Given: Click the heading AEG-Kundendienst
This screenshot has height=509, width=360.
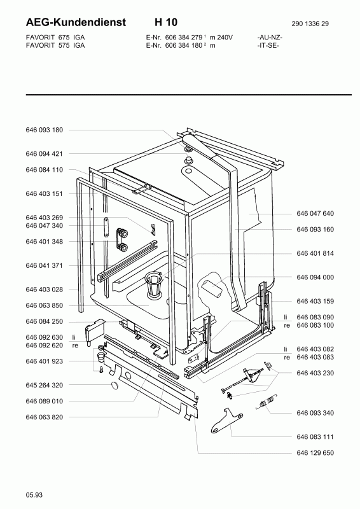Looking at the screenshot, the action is coord(76,22).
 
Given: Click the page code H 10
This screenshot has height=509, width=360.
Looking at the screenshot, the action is coord(166,22).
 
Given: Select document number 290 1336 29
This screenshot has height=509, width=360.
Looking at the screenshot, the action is coord(310,24).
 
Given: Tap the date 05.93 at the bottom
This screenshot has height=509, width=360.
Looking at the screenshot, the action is coord(34,495).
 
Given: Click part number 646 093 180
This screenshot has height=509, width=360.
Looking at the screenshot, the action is coord(44,130).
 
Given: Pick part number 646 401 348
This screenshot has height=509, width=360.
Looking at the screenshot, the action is coord(44,242).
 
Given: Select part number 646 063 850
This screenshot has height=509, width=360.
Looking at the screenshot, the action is coord(44,305).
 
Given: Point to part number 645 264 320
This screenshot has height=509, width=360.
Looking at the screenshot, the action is coord(44,386).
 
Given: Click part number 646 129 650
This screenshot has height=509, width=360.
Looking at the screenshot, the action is coord(315,453).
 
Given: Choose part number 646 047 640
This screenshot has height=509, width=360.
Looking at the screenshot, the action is coord(315,213).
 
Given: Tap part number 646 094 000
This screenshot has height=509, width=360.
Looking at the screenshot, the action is coord(315,277).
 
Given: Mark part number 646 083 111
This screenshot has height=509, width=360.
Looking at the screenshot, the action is coord(315,437).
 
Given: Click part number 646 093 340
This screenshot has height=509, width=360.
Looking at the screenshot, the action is coord(315,413).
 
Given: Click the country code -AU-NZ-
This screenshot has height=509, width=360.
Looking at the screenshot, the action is coord(270,38).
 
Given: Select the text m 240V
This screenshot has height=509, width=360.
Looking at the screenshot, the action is coord(221,38).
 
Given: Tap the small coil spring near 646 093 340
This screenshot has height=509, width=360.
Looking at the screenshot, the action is coord(266,402).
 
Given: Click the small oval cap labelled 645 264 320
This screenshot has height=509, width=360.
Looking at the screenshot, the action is coord(115,386).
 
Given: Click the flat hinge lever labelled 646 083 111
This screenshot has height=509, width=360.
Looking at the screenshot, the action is coord(227,420).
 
